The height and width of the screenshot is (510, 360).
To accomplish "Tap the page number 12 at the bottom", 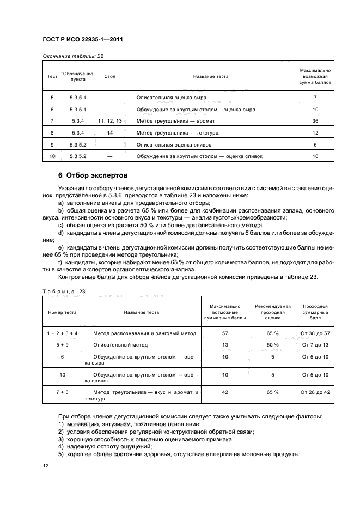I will click(46, 465).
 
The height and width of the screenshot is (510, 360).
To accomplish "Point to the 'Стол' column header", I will click(110, 76).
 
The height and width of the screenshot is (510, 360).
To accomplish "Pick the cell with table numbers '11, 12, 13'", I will click(110, 120).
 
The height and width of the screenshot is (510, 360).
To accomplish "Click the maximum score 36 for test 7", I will click(315, 120).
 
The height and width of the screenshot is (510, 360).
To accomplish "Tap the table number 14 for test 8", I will click(110, 132).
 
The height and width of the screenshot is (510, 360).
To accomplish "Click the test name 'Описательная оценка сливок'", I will click(174, 144).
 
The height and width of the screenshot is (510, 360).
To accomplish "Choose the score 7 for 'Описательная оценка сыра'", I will click(315, 97).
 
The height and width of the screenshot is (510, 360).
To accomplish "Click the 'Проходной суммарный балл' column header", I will click(315, 313).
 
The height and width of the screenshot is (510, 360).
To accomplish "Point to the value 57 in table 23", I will click(225, 332).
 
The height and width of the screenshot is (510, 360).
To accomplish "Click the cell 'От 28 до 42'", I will click(315, 392).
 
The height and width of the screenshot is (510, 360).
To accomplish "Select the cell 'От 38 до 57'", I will click(315, 332).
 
